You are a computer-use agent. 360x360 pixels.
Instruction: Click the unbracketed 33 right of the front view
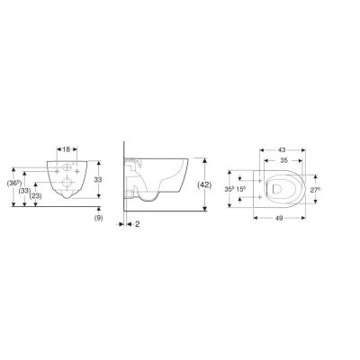click(110, 180)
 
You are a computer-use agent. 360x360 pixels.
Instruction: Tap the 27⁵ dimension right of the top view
click(316, 190)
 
